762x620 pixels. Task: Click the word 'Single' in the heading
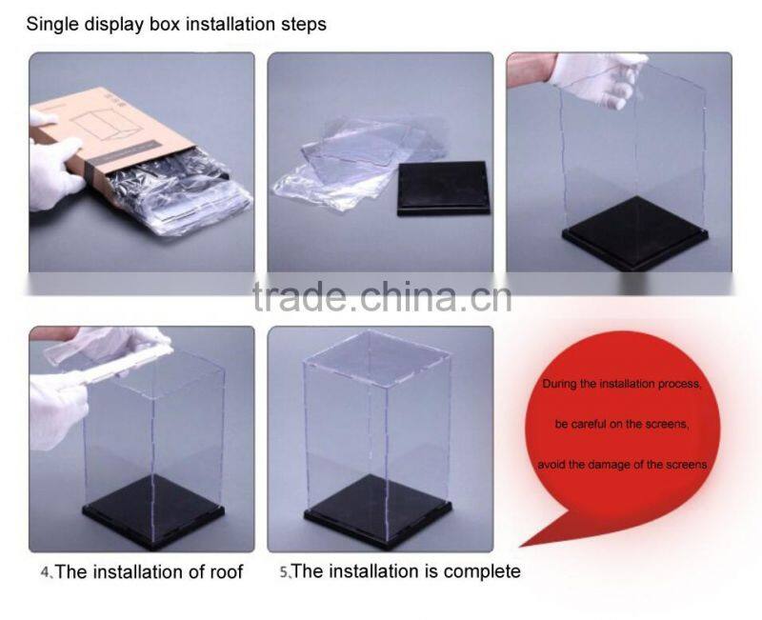52,25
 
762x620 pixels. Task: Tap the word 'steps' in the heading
304,25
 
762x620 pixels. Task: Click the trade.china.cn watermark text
382,296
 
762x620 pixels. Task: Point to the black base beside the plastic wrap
443,188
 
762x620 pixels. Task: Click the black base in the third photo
634,232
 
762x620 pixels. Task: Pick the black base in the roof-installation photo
153,510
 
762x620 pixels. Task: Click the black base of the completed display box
377,511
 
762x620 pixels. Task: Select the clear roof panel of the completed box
376,359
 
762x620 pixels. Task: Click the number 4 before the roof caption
45,572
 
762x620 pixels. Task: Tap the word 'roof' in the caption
226,571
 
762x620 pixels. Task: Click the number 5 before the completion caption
284,571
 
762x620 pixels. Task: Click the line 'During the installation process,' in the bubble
622,384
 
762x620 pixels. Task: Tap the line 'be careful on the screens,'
622,424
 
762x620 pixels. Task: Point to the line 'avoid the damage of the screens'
622,465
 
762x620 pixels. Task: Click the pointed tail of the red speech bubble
521,546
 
